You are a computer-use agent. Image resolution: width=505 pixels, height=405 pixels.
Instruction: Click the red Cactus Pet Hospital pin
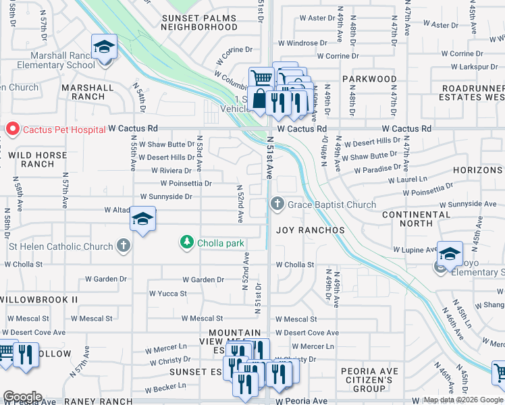pyautogui.click(x=11, y=128)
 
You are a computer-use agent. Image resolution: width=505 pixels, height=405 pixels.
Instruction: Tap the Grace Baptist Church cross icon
pyautogui.click(x=277, y=204)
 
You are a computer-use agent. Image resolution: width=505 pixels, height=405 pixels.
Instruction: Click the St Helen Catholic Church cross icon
pyautogui.click(x=123, y=246)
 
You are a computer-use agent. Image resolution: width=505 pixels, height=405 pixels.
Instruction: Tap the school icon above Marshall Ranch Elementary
pyautogui.click(x=104, y=47)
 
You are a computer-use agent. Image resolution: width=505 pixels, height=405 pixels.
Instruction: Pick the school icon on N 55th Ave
pyautogui.click(x=142, y=219)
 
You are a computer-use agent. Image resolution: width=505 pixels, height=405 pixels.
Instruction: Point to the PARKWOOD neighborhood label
pyautogui.click(x=369, y=79)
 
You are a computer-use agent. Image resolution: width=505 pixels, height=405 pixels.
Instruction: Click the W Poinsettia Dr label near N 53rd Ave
pyautogui.click(x=186, y=183)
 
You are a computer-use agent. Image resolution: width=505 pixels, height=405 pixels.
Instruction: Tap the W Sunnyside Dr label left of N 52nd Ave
pyautogui.click(x=165, y=196)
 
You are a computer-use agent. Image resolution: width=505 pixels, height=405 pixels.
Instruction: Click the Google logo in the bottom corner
pyautogui.click(x=22, y=397)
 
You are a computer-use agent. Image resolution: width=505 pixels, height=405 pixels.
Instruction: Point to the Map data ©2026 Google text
pyautogui.click(x=463, y=400)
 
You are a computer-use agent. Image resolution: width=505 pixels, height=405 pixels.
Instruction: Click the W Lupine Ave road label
pyautogui.click(x=416, y=250)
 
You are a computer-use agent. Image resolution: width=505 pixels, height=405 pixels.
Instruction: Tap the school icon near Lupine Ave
pyautogui.click(x=450, y=254)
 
